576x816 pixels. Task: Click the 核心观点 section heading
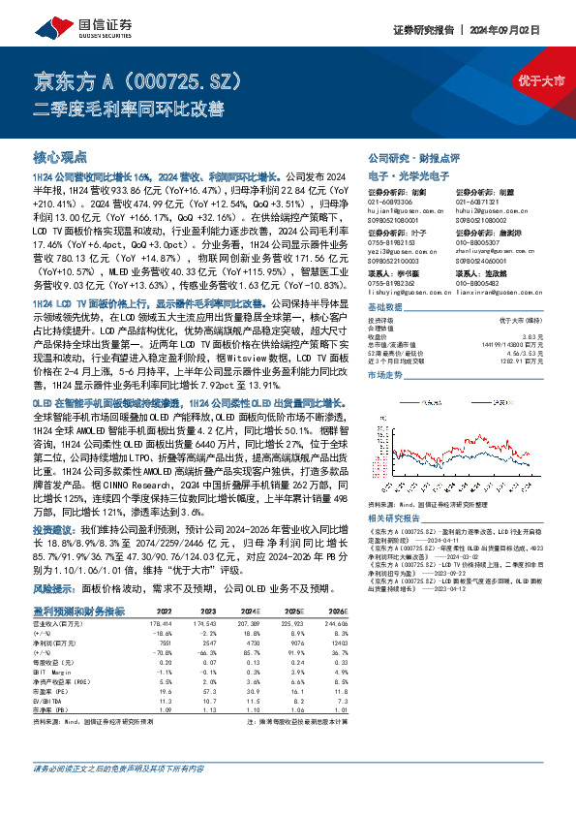[60, 156]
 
